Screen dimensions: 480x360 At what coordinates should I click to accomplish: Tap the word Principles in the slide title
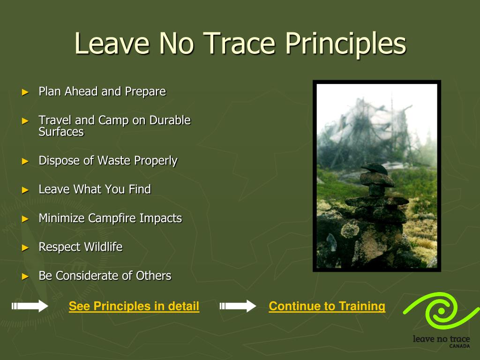[345, 45]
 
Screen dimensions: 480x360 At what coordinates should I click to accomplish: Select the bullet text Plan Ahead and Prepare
[102, 91]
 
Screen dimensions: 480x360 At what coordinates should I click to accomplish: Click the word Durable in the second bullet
[170, 120]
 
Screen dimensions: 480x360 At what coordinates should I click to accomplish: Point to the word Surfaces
[61, 132]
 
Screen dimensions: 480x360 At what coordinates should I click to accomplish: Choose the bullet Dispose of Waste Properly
[108, 161]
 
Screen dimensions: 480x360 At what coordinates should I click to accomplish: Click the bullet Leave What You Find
[95, 189]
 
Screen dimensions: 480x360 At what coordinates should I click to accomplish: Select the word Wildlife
[103, 247]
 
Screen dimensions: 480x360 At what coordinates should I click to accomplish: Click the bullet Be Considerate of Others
[105, 276]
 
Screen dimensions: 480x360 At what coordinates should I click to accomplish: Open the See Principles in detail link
[134, 306]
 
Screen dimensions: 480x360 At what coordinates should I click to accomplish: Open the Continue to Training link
[327, 306]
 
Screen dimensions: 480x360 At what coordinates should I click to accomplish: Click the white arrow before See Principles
[30, 306]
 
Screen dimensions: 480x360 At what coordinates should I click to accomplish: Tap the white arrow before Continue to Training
[238, 306]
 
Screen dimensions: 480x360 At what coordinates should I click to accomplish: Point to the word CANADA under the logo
[459, 346]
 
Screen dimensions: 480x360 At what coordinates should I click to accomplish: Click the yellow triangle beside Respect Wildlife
[25, 247]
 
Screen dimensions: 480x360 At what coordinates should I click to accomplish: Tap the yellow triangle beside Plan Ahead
[25, 92]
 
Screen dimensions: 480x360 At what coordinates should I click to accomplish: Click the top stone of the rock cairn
[375, 168]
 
